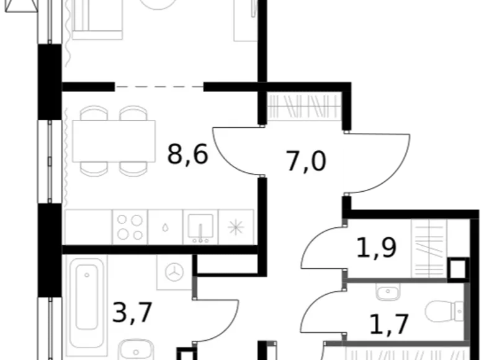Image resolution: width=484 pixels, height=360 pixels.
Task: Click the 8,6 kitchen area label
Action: click(187, 154)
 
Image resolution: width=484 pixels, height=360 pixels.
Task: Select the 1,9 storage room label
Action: click(376, 249)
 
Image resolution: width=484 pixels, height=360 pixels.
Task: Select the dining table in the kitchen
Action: click(114, 140)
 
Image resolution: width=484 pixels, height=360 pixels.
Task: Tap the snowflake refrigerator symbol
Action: click(236, 227)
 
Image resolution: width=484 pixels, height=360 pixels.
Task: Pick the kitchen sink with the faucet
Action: click(200, 227)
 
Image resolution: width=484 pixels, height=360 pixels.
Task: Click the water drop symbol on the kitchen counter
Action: click(165, 228)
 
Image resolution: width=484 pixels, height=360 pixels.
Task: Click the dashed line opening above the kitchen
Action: click(159, 87)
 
